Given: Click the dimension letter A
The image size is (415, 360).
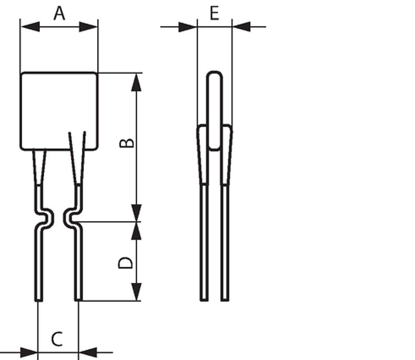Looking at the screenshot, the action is [x=59, y=14].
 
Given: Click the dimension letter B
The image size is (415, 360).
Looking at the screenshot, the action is [x=127, y=142].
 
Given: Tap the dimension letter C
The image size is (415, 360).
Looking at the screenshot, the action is [x=57, y=339].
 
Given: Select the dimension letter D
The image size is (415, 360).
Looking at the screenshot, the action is [x=125, y=263].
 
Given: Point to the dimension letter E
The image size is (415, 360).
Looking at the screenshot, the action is [x=214, y=13].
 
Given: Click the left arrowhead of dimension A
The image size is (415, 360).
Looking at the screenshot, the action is [x=30, y=27].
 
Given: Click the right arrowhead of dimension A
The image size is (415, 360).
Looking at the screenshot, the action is [x=88, y=27].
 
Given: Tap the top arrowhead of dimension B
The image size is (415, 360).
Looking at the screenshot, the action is [x=136, y=83].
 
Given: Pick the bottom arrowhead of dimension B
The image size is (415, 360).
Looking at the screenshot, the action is [x=136, y=213].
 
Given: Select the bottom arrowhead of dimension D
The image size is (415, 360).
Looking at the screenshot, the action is [x=136, y=292].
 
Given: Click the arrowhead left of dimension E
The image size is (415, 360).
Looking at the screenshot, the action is [x=188, y=27].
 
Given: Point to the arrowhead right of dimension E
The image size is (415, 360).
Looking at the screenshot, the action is [x=241, y=27].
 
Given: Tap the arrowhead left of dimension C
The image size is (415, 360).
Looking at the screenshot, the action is [x=28, y=352].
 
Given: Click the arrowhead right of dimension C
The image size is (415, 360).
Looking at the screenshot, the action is [x=88, y=352].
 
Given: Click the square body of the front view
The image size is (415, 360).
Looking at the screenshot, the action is [x=59, y=111].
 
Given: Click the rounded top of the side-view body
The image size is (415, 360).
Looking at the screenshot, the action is [x=214, y=74].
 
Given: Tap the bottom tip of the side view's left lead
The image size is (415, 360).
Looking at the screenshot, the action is [x=204, y=300].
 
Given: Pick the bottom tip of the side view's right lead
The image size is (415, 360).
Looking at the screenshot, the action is [x=225, y=300].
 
